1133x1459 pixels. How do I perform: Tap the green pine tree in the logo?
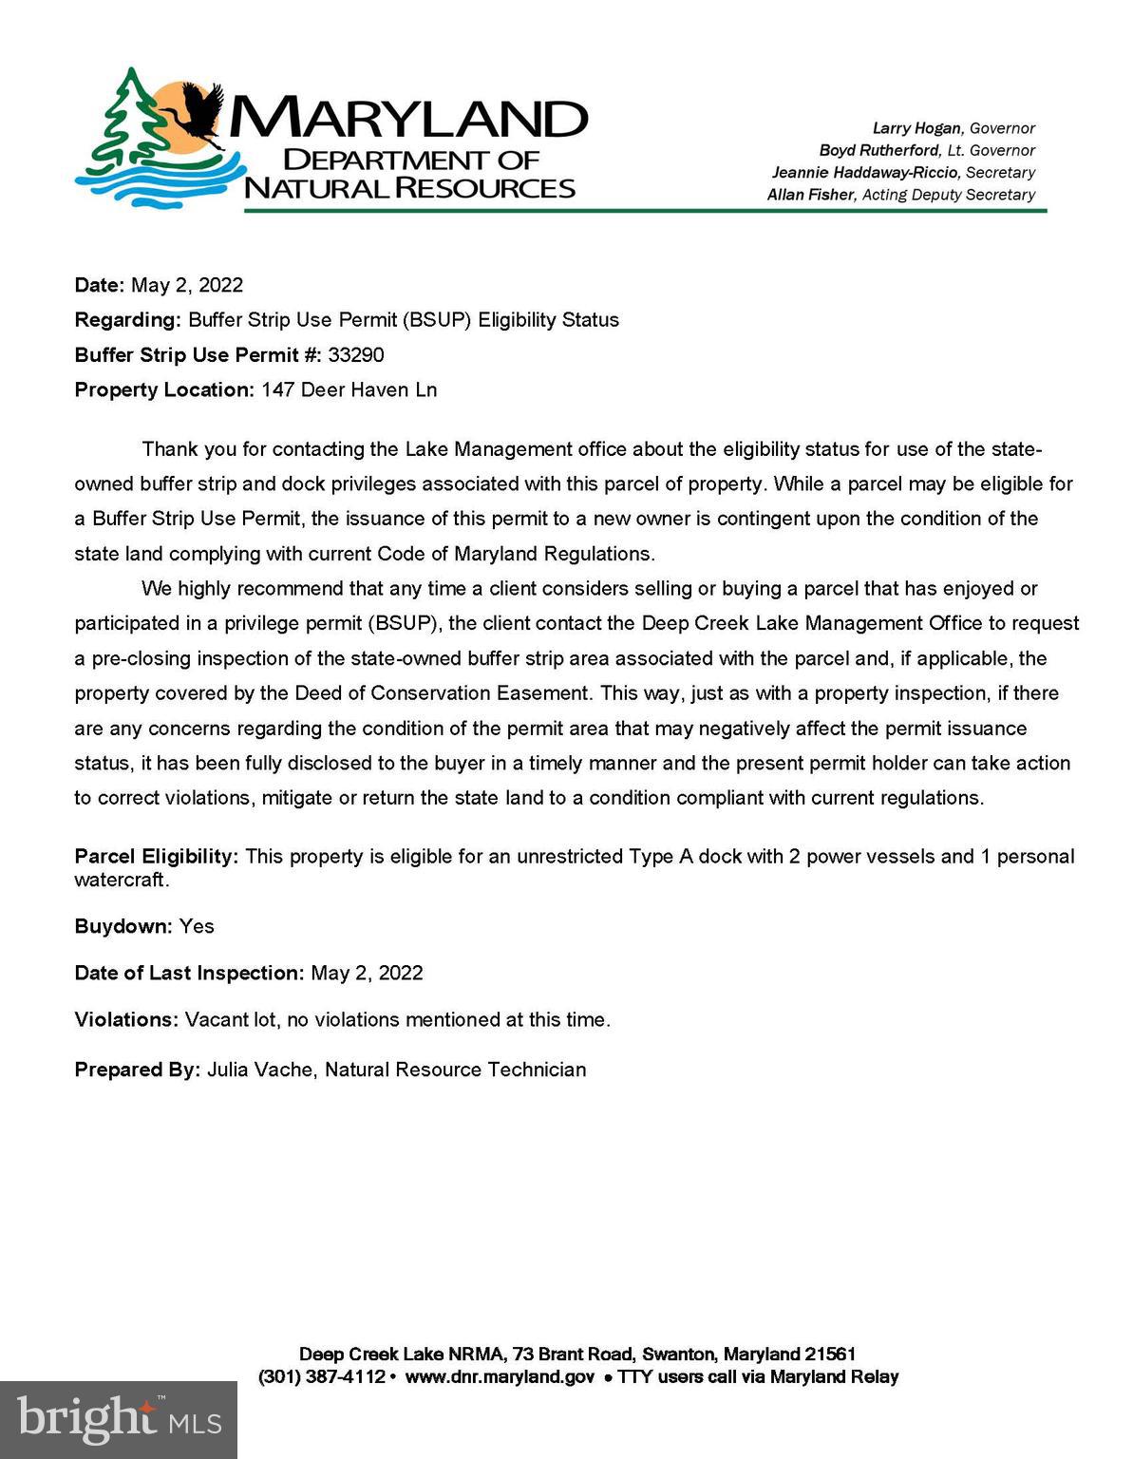(123, 119)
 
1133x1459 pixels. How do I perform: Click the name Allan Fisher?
(810, 195)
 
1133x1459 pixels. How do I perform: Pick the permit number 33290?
(356, 355)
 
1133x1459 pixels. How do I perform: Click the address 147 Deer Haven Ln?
(349, 390)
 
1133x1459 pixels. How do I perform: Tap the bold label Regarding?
(127, 320)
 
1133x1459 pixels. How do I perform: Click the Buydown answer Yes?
(197, 926)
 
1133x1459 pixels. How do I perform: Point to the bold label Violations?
(126, 1020)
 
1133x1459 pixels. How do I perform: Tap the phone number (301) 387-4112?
(322, 1377)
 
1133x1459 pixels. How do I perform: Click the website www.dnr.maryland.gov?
(500, 1377)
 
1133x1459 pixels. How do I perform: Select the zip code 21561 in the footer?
(830, 1355)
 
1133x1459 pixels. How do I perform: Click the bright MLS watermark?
(118, 1420)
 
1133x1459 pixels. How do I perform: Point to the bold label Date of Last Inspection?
(189, 974)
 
